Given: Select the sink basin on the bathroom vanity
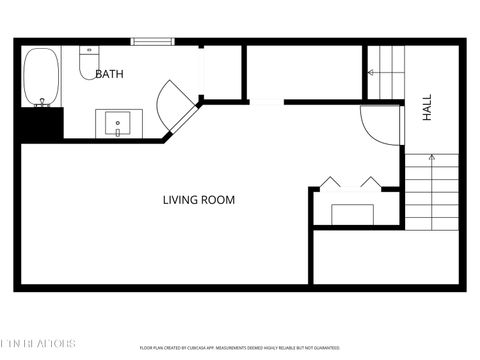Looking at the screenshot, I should [x=119, y=124].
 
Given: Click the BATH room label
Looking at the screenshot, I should [x=110, y=74].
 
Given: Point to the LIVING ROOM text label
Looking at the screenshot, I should [x=199, y=200].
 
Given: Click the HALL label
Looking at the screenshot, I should [x=427, y=109].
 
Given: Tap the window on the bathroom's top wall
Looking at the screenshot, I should [x=153, y=41].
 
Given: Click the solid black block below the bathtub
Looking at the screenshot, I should [x=40, y=123].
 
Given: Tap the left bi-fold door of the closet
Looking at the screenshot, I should [x=329, y=182].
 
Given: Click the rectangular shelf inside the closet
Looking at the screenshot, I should [x=352, y=214].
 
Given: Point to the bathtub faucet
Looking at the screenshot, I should [x=41, y=101].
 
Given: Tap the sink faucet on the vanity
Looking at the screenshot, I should [x=119, y=131].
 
